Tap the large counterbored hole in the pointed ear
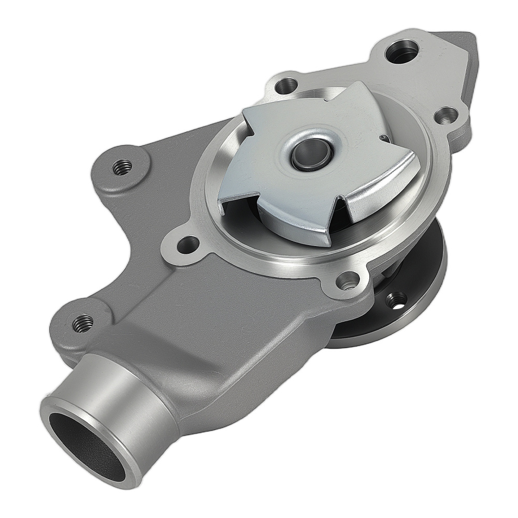pos(402,51)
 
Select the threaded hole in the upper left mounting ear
pos(122,167)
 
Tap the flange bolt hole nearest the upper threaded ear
pos(188,243)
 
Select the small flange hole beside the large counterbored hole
pos(286,84)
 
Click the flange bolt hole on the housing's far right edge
pos(446,115)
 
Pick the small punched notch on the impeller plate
pos(383,138)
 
